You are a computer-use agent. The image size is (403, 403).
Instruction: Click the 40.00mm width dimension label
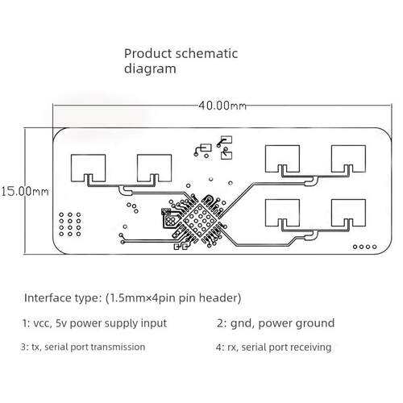tap(222, 106)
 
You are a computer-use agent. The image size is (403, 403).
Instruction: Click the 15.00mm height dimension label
tap(25, 192)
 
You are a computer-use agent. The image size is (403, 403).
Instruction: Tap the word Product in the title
tap(147, 53)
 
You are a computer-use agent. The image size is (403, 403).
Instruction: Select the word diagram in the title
tap(150, 69)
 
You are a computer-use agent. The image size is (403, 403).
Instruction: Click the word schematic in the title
tap(206, 53)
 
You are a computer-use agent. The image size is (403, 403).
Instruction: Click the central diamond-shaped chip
tap(200, 221)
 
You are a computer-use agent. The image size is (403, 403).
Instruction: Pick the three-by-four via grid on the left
tap(70, 224)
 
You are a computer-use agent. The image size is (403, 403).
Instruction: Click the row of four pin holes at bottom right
tap(364, 247)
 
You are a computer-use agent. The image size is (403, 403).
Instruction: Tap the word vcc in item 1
tap(43, 323)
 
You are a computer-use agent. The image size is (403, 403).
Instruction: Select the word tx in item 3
tap(35, 347)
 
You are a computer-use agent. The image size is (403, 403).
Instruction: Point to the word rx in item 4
tap(232, 347)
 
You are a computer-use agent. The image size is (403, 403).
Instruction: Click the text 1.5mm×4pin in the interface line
tap(142, 298)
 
